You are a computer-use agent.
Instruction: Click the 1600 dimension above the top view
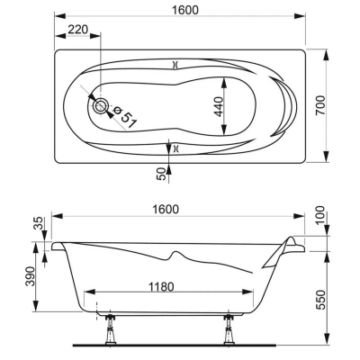pos(185,10)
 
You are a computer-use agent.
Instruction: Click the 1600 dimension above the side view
pos(166,209)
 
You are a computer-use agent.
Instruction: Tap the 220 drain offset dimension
pos(77,30)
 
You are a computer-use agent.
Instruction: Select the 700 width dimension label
pos(320,105)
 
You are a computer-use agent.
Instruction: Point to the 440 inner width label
pos(220,106)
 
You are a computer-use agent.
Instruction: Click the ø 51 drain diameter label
pos(124,117)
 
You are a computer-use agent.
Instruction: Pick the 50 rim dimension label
pos(161,174)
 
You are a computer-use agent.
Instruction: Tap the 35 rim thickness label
pos(38,223)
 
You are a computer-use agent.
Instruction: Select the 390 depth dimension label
pos(30,276)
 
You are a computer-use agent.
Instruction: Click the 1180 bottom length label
pos(161,287)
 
